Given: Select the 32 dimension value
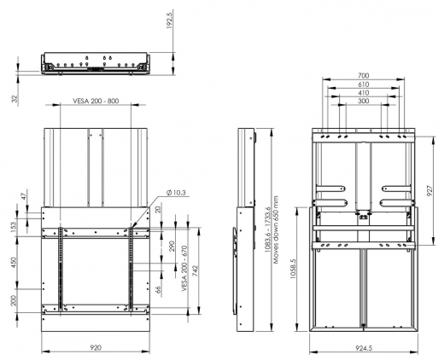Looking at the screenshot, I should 15,99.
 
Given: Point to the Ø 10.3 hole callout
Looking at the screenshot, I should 155,193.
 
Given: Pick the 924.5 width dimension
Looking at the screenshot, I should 363,349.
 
